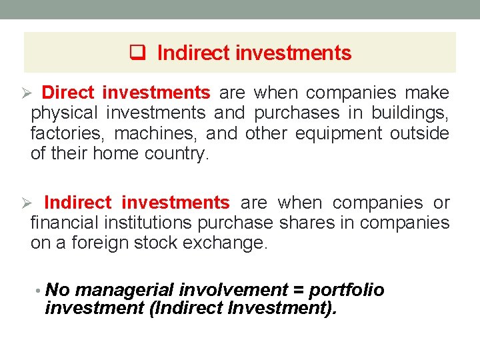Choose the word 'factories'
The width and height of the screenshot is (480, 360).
coord(65,133)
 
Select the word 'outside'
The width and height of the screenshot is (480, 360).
coord(419,133)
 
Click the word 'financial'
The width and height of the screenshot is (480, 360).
coord(63,223)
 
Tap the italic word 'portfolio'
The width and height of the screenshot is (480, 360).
coord(347,290)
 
